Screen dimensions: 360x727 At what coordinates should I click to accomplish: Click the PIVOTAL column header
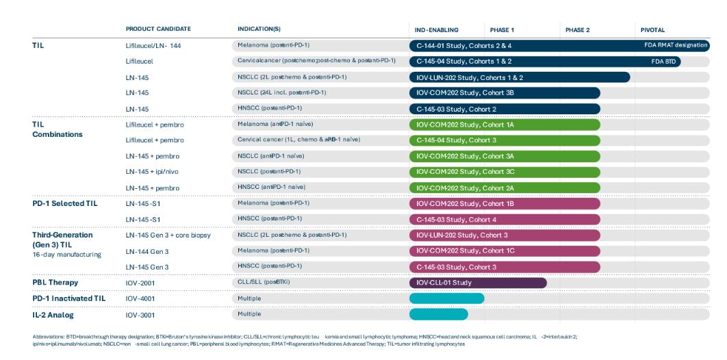(652, 30)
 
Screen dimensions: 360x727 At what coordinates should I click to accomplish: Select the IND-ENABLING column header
(436, 30)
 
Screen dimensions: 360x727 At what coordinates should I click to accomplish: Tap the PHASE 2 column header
(577, 30)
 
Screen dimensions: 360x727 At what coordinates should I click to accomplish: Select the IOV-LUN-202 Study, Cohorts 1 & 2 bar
(519, 77)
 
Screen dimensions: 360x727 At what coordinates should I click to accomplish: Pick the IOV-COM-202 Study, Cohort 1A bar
(504, 125)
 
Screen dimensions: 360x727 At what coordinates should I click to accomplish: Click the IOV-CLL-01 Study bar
(477, 283)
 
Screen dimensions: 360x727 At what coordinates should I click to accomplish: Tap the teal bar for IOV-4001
(446, 298)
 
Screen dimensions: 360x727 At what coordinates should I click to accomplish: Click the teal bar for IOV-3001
(438, 314)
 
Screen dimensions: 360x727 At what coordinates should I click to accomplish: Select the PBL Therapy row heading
(55, 283)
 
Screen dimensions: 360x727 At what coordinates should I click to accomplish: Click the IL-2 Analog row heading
(53, 314)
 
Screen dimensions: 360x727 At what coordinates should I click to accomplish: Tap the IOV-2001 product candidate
(141, 283)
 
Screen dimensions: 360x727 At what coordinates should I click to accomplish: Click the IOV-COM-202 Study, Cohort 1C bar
(504, 250)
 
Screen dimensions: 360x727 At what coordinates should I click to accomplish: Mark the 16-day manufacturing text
(66, 255)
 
